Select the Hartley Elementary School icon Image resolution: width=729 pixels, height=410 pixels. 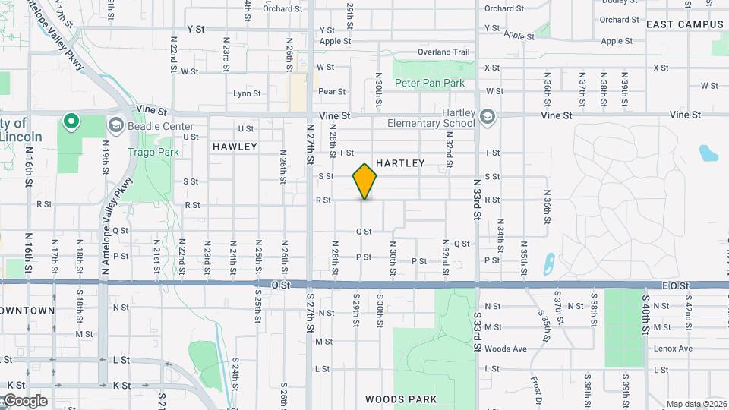487,117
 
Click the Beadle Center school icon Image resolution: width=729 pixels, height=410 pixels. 117,125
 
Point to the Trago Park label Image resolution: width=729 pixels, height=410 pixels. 153,152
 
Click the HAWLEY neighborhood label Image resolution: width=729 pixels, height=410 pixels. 235,146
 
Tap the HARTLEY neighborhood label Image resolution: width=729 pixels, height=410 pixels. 400,163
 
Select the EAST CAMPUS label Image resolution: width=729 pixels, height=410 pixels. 685,24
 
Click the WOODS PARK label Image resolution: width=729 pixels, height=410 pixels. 400,399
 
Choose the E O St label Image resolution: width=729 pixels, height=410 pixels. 675,285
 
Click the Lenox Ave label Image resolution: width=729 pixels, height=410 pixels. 674,348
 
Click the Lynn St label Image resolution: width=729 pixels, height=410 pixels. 247,93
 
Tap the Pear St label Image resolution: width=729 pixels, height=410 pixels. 332,91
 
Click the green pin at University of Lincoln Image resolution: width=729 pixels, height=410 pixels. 71,121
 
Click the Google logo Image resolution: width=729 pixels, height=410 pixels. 24,401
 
